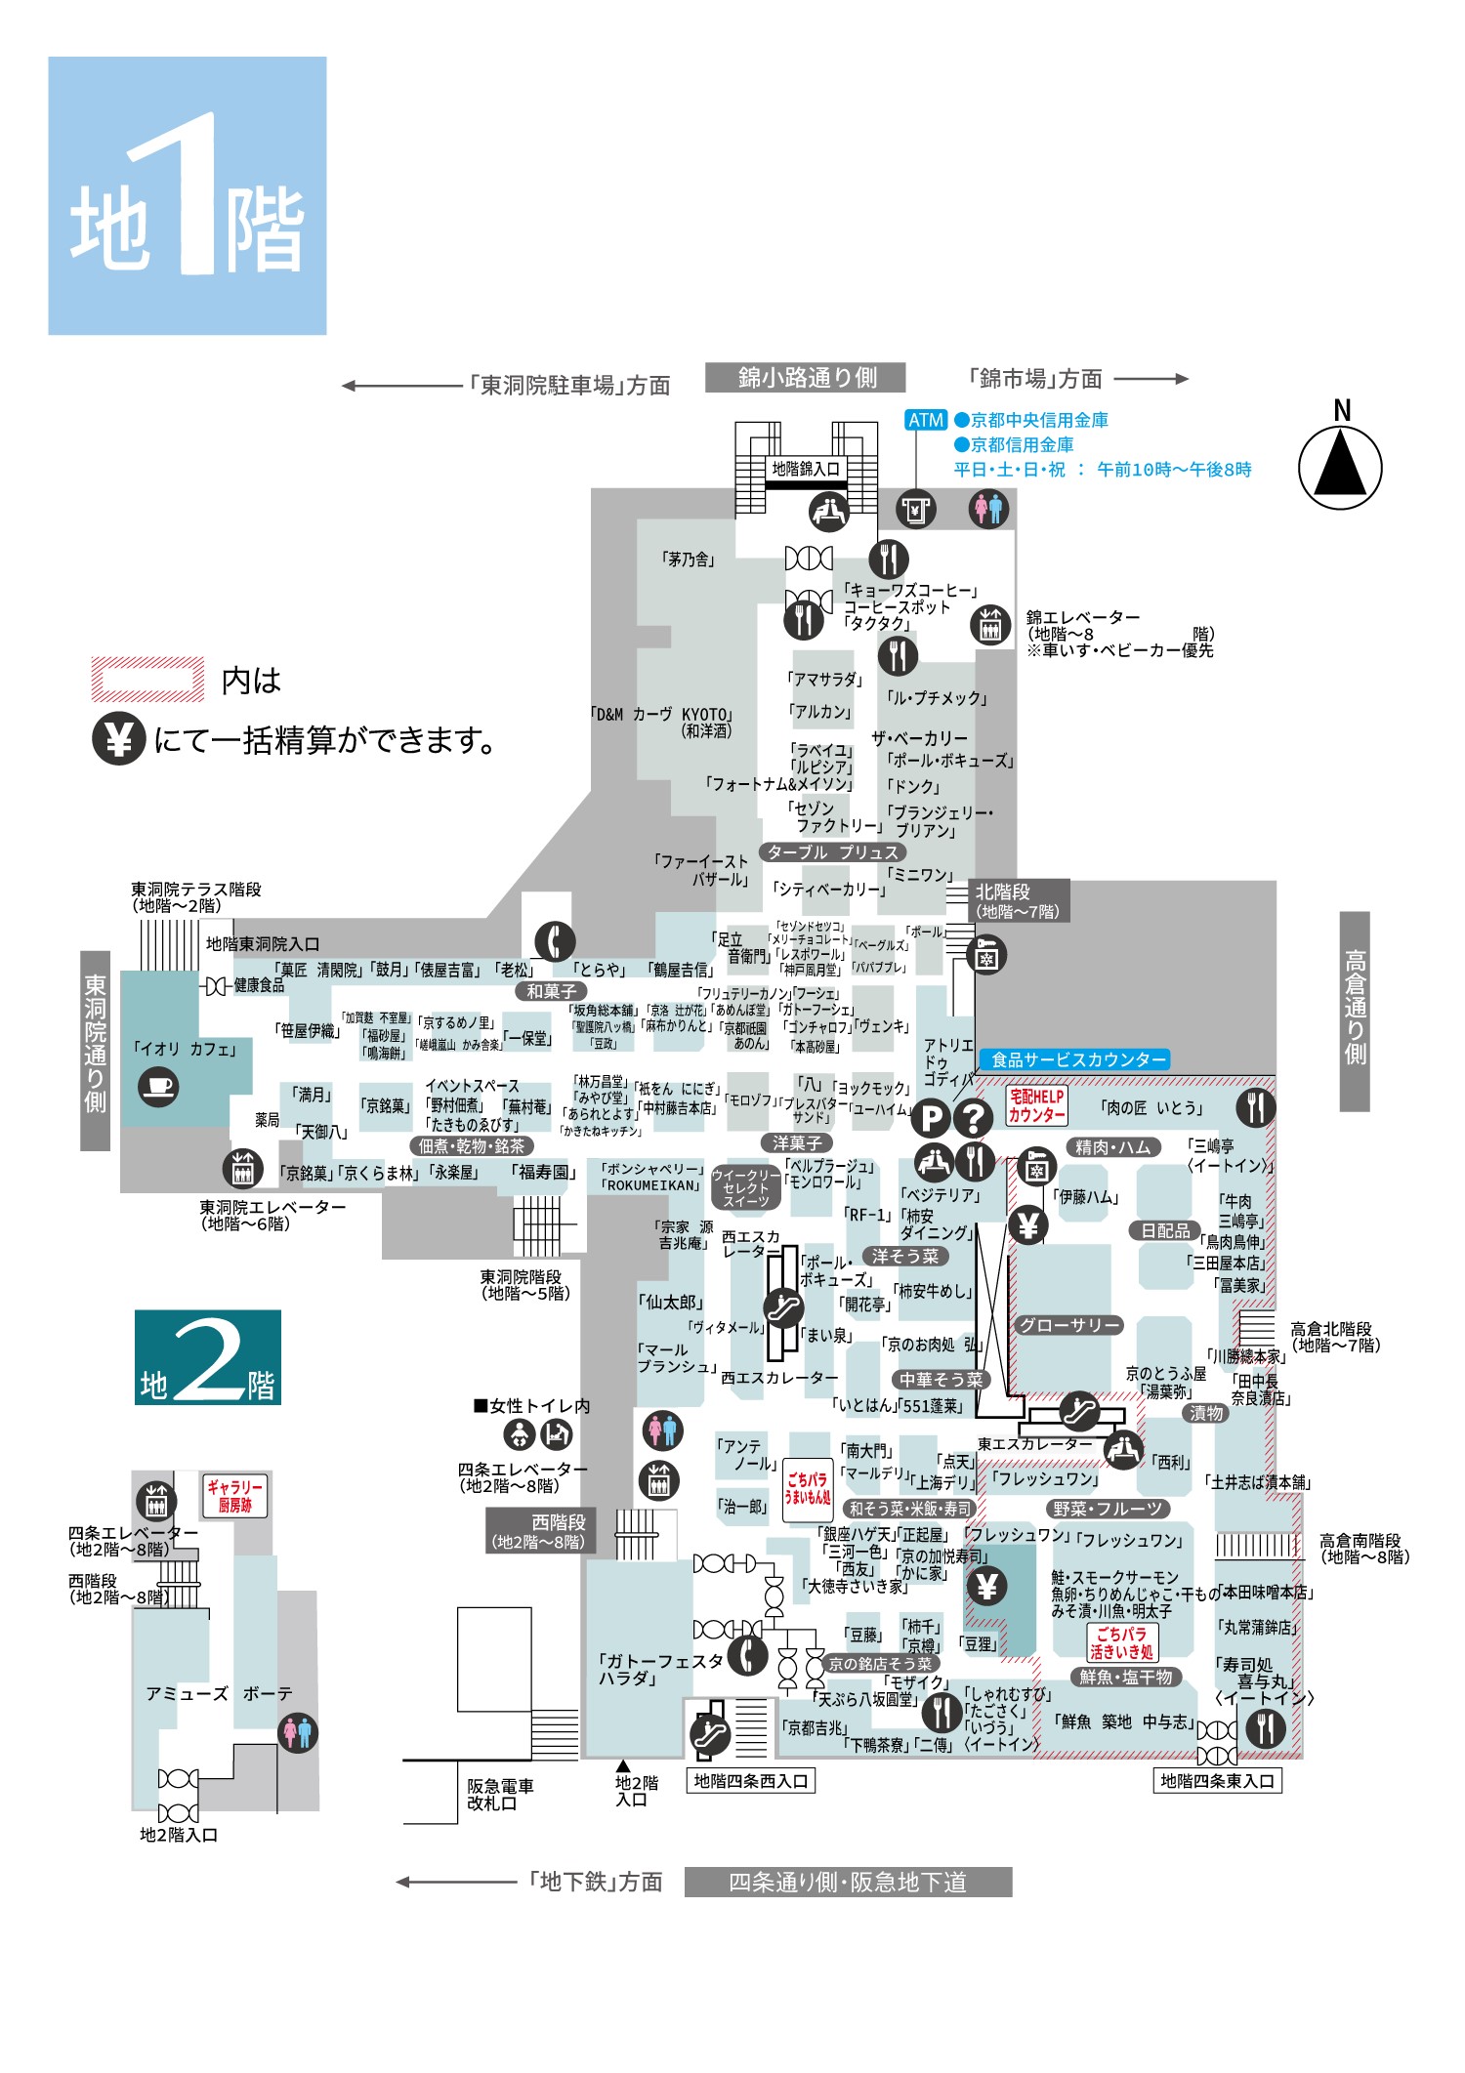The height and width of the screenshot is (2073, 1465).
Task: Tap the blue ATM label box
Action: point(925,420)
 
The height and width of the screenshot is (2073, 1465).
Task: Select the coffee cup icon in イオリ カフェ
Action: point(158,1086)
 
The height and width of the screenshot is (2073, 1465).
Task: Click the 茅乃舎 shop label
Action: point(689,560)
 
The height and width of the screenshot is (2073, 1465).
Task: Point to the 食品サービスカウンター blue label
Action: point(1078,1059)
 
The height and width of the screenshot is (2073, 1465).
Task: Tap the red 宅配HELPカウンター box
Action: point(1036,1106)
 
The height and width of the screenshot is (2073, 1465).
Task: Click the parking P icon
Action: point(932,1118)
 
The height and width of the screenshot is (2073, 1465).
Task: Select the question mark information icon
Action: point(973,1118)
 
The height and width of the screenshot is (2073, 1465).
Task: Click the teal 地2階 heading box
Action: point(208,1357)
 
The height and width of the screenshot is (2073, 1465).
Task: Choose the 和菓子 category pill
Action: point(551,991)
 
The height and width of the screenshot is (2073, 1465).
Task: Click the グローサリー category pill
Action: point(1068,1325)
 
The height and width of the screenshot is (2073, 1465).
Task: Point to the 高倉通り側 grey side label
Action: point(1355,1011)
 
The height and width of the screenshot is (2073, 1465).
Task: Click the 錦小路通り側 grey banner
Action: point(806,378)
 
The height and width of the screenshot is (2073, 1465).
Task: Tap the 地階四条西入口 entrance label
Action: point(750,1781)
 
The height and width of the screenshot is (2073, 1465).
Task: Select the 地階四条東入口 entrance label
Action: point(1217,1781)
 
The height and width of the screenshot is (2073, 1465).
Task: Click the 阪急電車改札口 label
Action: point(500,1795)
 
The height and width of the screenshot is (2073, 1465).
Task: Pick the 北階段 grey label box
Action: point(1017,900)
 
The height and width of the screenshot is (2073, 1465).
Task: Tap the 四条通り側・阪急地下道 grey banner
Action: point(848,1882)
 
